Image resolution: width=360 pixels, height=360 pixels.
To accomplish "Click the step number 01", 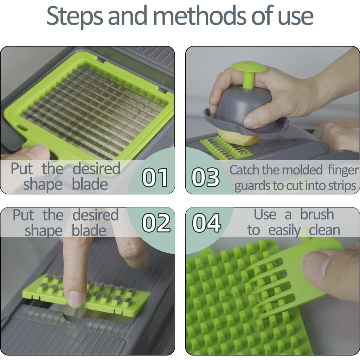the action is coord(155,177).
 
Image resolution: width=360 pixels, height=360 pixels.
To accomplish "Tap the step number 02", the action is coord(156,223).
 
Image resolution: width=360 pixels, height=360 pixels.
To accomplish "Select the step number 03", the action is coord(205,177).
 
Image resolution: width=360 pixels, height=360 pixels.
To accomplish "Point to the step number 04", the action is coord(206,223).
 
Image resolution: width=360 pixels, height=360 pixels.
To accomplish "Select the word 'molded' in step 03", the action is coord(302,170).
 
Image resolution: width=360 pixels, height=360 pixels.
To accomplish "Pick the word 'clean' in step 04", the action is coord(324,230).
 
